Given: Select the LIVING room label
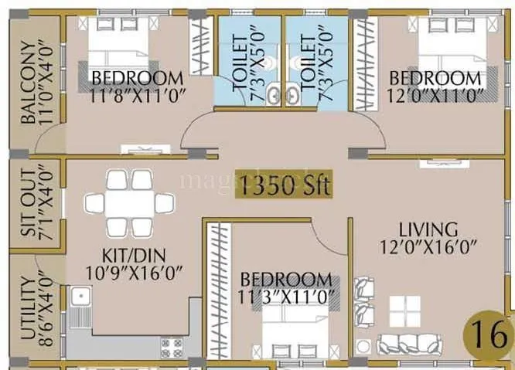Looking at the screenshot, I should click(x=428, y=229).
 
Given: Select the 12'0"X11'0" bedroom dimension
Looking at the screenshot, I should click(x=435, y=95).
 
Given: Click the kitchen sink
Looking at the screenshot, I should click(x=79, y=297).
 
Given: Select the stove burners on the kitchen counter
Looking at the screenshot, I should click(x=172, y=346).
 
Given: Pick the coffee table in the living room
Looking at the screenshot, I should click(x=404, y=311).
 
